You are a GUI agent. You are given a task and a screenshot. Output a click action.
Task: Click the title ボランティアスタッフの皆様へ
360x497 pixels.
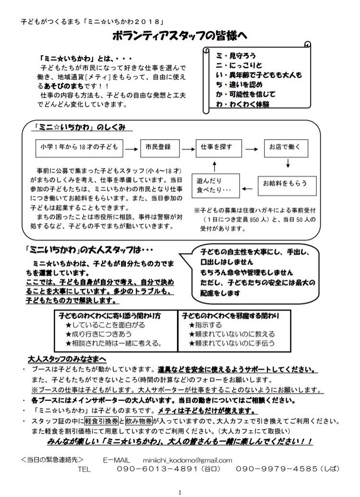coord(180,36)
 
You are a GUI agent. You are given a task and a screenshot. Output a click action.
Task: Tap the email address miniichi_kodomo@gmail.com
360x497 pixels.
coord(188,460)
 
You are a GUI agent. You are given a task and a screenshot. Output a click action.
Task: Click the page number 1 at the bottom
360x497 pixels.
coord(180,492)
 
